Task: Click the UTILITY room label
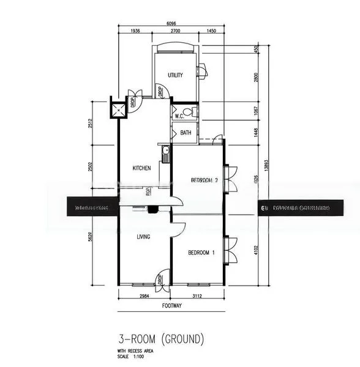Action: coord(176,75)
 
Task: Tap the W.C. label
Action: coord(179,116)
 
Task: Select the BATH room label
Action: coord(186,132)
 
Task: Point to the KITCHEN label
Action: coord(142,168)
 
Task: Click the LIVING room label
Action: coord(144,237)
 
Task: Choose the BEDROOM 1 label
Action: coord(201,253)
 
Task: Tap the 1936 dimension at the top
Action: coord(135,31)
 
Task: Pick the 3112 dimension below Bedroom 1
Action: coord(197,295)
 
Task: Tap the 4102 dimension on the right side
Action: coord(258,249)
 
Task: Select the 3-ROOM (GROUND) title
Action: coord(160,338)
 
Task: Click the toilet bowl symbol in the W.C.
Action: coord(193,111)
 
